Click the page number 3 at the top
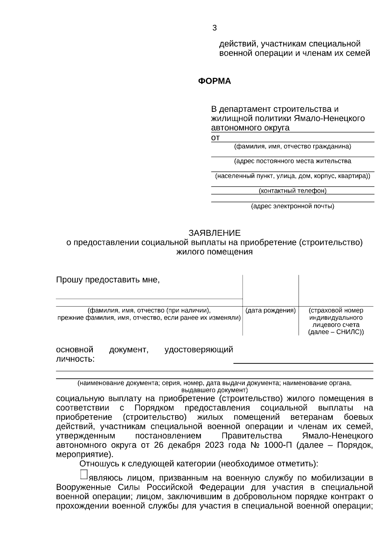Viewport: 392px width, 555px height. pyautogui.click(x=214, y=28)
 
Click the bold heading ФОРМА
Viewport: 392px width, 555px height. pyautogui.click(x=214, y=81)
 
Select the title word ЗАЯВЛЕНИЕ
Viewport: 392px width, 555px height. pyautogui.click(x=214, y=233)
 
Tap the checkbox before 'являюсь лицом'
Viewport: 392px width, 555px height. pyautogui.click(x=84, y=474)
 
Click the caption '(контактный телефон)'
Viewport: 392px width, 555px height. pyautogui.click(x=292, y=191)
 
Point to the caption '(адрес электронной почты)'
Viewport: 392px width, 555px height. pyautogui.click(x=292, y=206)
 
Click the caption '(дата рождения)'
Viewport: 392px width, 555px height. pyautogui.click(x=270, y=310)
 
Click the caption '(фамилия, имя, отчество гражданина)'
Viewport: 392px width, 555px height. pyautogui.click(x=292, y=147)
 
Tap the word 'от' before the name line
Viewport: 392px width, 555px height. pyautogui.click(x=215, y=138)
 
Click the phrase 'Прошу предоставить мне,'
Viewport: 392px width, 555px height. pyautogui.click(x=108, y=280)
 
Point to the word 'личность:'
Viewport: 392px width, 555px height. pyautogui.click(x=75, y=359)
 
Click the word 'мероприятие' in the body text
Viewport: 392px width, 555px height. pyautogui.click(x=83, y=455)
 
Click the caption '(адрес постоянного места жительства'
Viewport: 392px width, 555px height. pyautogui.click(x=292, y=161)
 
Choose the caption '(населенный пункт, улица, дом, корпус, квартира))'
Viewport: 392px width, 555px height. pyautogui.click(x=292, y=176)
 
